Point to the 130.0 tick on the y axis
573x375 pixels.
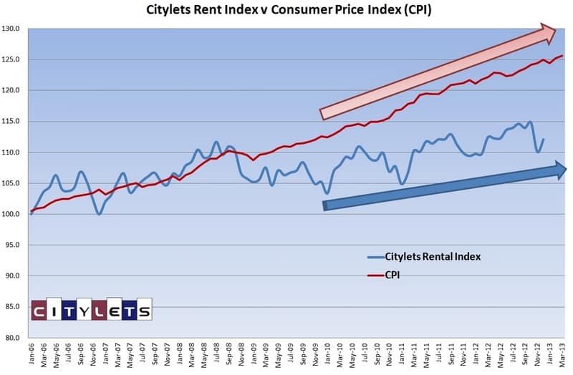point(14,29)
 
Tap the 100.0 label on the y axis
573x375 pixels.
point(14,214)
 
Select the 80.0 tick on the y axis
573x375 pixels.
point(14,338)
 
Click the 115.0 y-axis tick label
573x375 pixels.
point(14,122)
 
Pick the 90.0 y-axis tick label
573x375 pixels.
point(14,276)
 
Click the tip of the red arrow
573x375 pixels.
point(557,29)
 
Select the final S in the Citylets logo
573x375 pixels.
point(144,311)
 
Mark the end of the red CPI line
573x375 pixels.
point(562,56)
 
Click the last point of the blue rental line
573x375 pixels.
point(544,139)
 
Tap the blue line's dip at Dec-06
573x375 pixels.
point(99,214)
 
